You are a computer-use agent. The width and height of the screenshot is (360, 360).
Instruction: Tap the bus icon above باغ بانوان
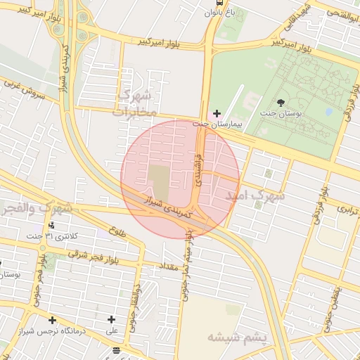(213, 4)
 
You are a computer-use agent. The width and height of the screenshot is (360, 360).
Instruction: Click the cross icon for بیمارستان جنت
(217, 113)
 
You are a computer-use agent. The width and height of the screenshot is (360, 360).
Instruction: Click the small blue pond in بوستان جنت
(328, 111)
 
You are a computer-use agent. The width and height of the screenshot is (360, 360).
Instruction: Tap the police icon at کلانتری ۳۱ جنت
(51, 226)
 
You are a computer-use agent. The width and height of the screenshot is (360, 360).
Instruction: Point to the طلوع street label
(117, 229)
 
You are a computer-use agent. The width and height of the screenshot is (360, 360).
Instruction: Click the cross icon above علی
(111, 320)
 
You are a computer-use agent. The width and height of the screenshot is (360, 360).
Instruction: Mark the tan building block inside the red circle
(160, 182)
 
